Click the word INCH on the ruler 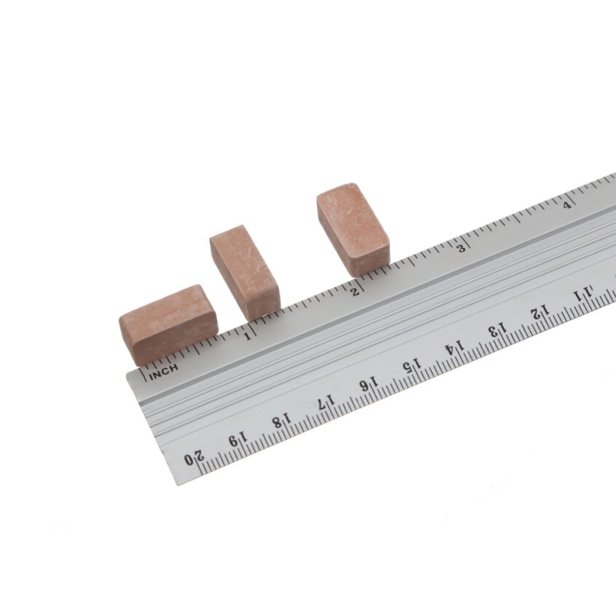[x=163, y=371]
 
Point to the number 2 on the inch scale [x=355, y=292]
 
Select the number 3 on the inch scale [x=461, y=249]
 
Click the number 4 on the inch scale [x=567, y=205]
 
